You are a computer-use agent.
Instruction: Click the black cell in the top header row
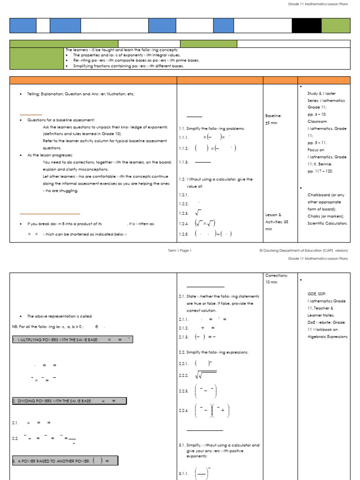pos(307,26)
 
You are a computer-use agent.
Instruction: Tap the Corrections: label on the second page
pos(277,276)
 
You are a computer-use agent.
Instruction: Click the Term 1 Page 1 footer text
pos(180,250)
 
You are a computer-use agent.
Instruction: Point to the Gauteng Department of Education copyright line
pos(304,250)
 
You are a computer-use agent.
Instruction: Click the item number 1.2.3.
pos(183,213)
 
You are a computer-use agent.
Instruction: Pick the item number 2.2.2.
pos(183,375)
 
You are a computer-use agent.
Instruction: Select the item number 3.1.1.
pos(183,474)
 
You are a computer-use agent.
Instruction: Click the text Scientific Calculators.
pos(328,223)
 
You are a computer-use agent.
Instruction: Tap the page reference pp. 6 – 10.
pos(317,114)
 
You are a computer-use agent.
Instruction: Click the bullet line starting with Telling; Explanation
pos(81,94)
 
